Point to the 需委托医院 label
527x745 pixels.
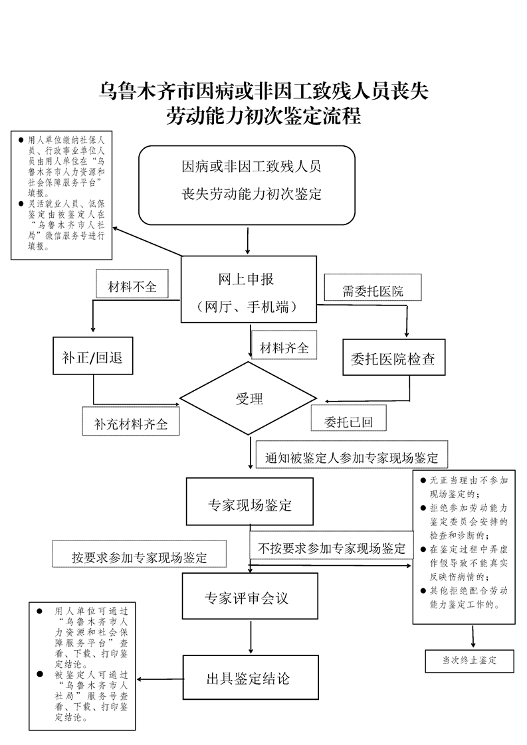373,290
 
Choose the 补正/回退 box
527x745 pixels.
93,359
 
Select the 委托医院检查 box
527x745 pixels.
393,359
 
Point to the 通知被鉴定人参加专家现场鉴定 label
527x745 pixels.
352,457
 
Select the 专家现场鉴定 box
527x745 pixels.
249,505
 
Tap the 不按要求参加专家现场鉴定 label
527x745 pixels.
332,548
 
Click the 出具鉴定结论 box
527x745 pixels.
247,678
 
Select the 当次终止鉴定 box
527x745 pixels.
470,661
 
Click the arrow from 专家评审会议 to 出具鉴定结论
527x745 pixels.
250,639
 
